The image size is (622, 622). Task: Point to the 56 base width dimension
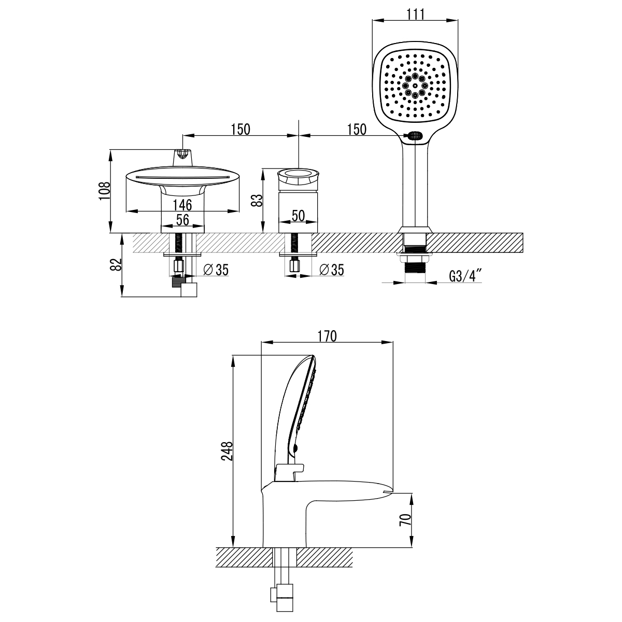(x=182, y=220)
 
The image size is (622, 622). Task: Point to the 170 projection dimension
(x=327, y=335)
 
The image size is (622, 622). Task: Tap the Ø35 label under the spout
(x=216, y=269)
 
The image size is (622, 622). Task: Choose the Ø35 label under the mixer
(x=332, y=269)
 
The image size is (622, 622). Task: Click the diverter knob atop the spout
(x=182, y=154)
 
